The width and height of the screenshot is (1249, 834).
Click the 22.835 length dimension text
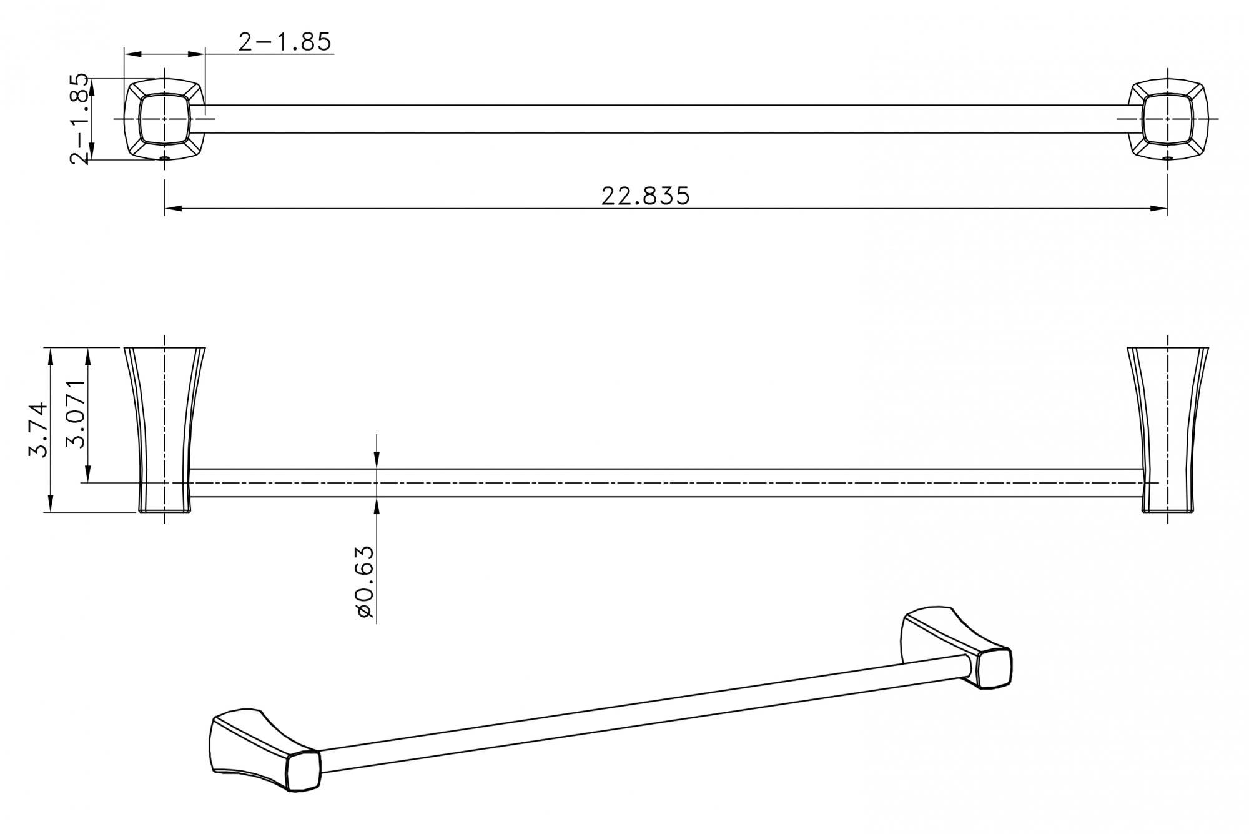645,196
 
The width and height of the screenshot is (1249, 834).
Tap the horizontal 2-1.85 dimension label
284,42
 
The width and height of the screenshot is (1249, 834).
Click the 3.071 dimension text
76,414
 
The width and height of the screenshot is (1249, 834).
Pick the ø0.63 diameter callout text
364,582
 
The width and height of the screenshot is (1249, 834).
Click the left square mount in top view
164,118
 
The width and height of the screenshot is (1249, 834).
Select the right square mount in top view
1168,118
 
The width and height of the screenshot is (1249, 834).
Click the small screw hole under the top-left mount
164,159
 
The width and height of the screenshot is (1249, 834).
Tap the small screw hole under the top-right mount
1168,159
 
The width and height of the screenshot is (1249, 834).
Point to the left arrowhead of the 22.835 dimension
172,209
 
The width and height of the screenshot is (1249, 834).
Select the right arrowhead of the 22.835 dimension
1160,209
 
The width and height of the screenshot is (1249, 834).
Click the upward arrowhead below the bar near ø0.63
377,504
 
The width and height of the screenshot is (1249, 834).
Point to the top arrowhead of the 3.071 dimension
89,355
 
